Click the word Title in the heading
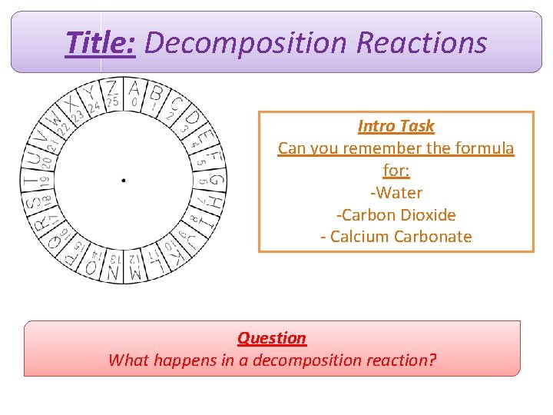coord(101,43)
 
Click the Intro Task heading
coord(396,126)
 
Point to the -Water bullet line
coord(396,192)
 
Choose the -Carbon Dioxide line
coord(396,214)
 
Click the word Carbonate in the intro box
coord(432,237)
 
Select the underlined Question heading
coord(271,338)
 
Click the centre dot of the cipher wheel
coord(124,181)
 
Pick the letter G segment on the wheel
coord(217,181)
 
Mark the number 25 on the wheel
coord(113,101)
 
